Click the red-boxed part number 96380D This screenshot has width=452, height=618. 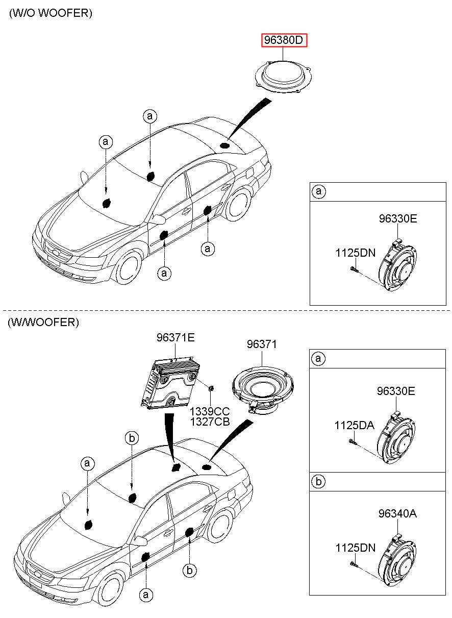click(x=284, y=40)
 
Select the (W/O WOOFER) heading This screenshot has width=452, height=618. click(x=51, y=13)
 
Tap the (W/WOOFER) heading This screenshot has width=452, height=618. click(x=43, y=322)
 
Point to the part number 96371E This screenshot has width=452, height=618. click(x=175, y=337)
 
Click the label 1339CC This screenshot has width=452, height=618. click(x=210, y=411)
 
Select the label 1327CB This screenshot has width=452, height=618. click(x=210, y=422)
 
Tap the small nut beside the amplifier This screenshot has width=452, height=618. click(x=211, y=388)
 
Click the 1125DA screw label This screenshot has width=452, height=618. click(x=355, y=426)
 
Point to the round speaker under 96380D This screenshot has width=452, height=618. click(x=284, y=76)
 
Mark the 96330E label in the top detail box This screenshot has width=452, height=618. click(x=398, y=218)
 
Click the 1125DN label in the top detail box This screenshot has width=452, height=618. click(x=356, y=253)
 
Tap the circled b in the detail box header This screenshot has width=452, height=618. click(x=318, y=481)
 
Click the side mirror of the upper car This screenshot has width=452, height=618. click(x=159, y=219)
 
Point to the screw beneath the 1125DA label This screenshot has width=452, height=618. click(x=353, y=442)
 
